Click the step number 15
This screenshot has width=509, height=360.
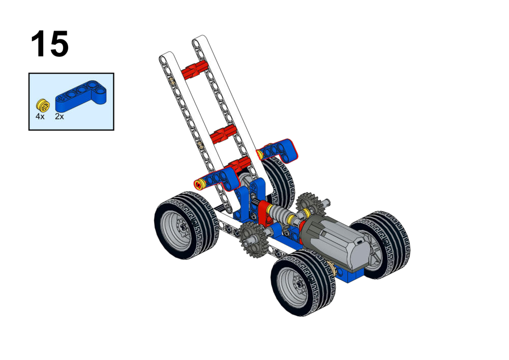pos(50,44)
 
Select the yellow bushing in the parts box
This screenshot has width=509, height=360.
pos(43,105)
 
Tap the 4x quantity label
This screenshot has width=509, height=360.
pos(40,116)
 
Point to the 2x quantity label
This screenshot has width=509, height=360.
pos(59,116)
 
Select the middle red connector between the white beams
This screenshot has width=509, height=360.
pos(223,134)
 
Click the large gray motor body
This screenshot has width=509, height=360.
pos(338,240)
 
